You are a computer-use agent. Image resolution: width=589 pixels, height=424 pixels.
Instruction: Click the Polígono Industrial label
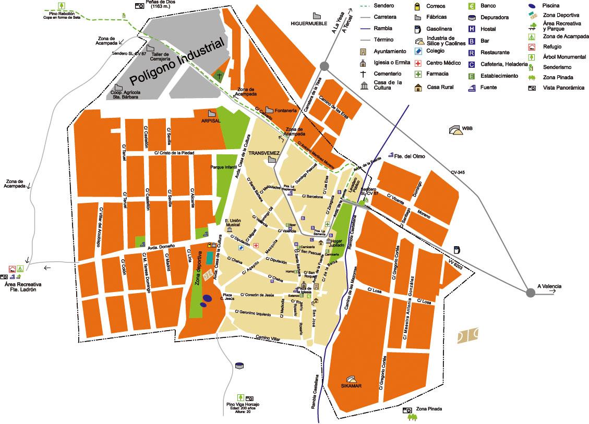177,62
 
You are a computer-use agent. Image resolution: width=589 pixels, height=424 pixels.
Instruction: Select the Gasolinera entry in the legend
439,29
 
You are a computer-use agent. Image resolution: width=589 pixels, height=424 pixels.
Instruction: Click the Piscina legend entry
551,6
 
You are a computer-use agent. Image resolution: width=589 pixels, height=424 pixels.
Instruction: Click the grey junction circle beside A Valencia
531,293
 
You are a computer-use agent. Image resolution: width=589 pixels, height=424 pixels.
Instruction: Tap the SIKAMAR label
351,386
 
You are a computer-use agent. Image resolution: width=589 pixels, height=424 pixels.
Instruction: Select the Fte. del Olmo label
407,156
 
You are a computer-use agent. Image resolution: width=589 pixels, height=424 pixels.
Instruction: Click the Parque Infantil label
224,167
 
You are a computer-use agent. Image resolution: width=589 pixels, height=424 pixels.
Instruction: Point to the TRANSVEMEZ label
264,153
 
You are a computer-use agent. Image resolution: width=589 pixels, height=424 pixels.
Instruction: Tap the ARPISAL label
211,120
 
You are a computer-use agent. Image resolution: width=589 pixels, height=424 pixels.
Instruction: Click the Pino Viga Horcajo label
243,405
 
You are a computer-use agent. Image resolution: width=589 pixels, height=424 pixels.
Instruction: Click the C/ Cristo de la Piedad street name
174,153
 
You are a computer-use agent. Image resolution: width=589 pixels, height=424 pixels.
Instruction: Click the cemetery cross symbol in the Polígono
219,76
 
